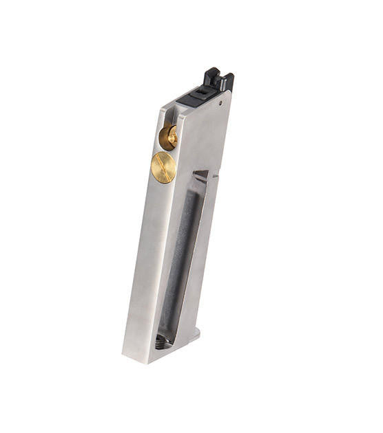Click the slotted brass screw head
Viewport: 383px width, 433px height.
coord(163,167)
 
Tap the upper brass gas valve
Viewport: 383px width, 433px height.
coord(168,137)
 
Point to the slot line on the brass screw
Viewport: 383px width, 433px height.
coord(163,167)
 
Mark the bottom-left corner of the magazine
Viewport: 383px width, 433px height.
coord(123,355)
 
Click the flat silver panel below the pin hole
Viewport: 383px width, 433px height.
coord(207,137)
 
